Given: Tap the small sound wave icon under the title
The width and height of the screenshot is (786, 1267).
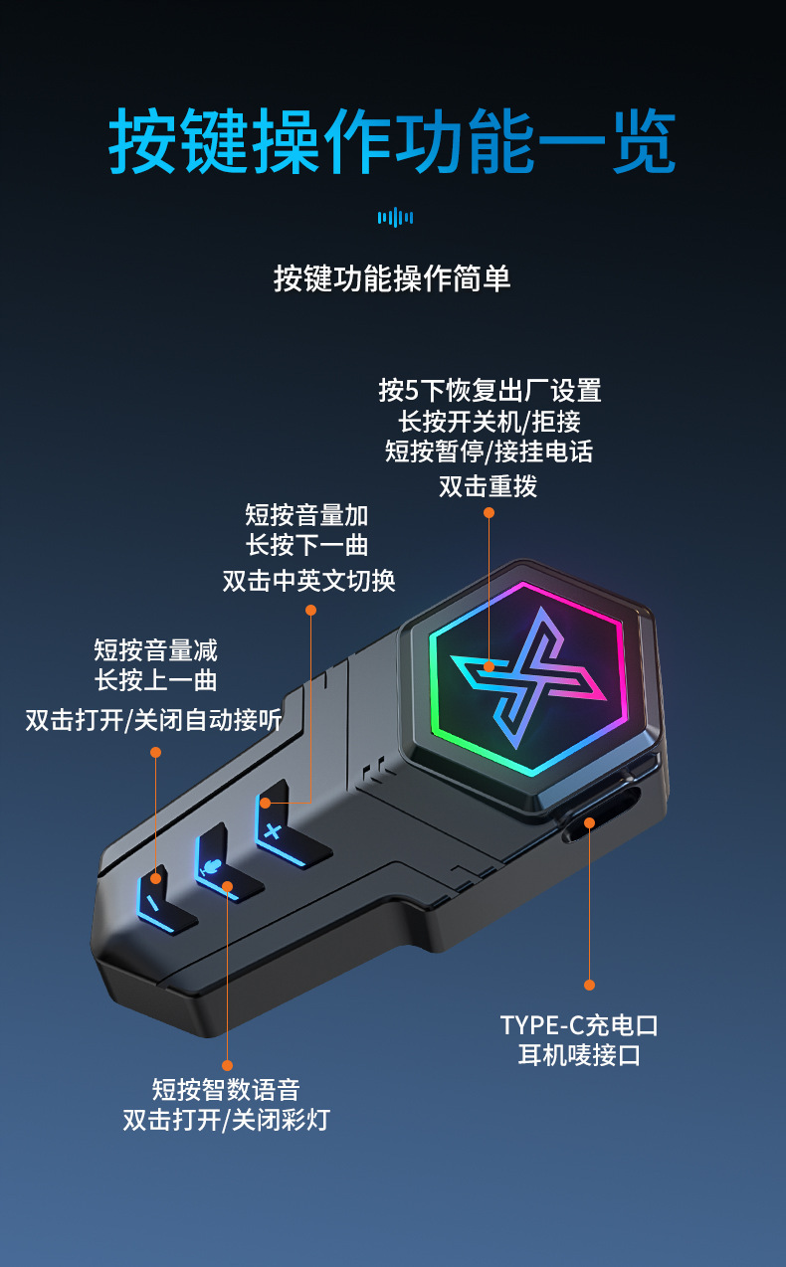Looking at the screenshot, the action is point(395,217).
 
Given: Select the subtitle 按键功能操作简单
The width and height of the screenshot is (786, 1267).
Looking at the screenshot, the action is point(392,278).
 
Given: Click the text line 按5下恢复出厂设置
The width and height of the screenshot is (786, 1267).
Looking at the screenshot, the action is point(490,390).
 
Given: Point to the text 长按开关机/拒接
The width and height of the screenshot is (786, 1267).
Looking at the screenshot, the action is point(490,421).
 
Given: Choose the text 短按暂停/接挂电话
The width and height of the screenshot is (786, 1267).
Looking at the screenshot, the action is point(490,452).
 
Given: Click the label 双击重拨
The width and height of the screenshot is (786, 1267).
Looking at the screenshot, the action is point(489,486).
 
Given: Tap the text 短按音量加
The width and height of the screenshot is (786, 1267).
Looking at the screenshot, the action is point(306,514).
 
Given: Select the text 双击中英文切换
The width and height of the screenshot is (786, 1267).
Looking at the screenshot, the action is point(309,580).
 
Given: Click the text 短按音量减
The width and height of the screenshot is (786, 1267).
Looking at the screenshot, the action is point(155,650).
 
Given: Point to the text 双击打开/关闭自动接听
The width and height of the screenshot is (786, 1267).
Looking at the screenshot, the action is point(153,719).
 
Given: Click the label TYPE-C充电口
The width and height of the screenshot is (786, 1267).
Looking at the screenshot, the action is point(579,1024).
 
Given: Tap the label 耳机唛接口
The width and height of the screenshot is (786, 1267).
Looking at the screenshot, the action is point(579,1055).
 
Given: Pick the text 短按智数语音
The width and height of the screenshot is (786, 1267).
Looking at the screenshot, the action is point(226,1089).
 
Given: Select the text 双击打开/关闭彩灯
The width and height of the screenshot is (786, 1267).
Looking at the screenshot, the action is point(226,1120).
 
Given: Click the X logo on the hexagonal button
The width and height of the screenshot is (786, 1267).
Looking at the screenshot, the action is point(527,676).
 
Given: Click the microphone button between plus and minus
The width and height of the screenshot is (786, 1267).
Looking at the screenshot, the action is point(214,865).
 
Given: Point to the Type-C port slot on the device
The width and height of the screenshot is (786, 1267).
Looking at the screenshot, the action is point(601,821).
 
